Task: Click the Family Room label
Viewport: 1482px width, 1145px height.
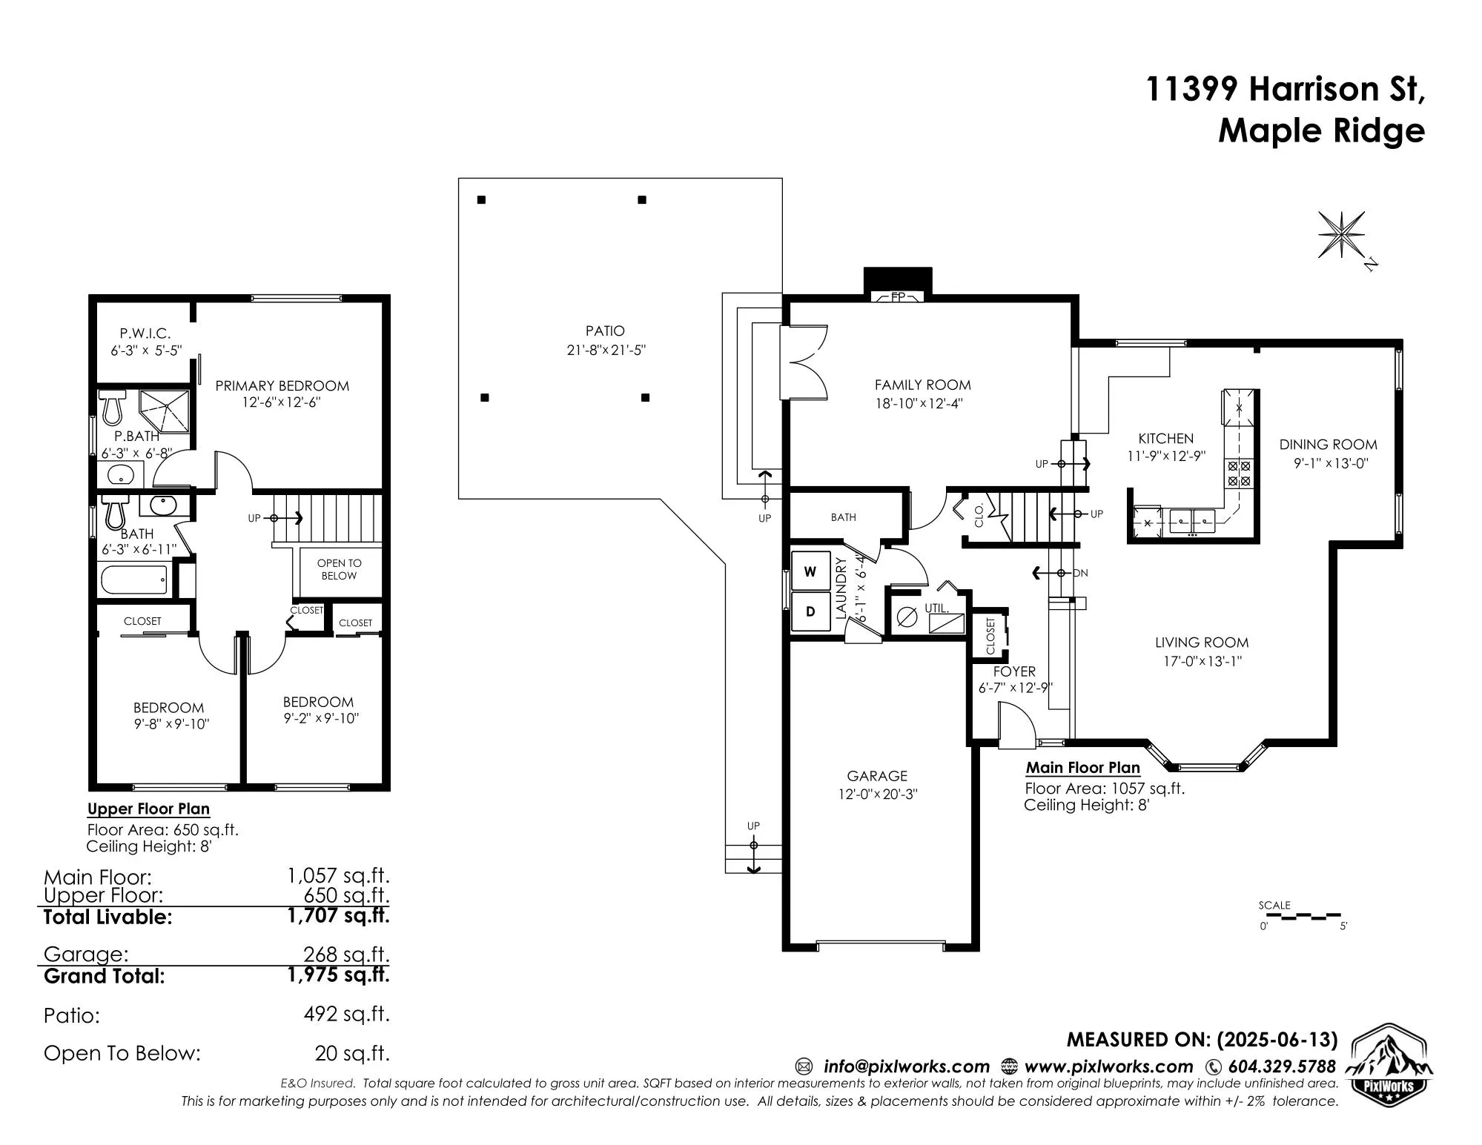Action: pyautogui.click(x=922, y=385)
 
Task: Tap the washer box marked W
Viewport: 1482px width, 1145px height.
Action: pyautogui.click(x=810, y=571)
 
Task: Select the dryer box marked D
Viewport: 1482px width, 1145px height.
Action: pyautogui.click(x=810, y=611)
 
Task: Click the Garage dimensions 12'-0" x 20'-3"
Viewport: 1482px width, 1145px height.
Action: pyautogui.click(x=877, y=794)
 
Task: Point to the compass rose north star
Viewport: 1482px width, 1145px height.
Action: pyautogui.click(x=1341, y=235)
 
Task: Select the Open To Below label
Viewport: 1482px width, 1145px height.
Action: pyautogui.click(x=339, y=569)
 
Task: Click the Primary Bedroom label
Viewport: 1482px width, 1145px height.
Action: pyautogui.click(x=282, y=385)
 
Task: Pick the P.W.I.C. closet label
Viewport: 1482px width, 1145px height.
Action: pyautogui.click(x=145, y=333)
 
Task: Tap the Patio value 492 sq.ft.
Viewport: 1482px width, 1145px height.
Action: pyautogui.click(x=346, y=1013)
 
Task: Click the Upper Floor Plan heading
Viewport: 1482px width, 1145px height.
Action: pyautogui.click(x=148, y=809)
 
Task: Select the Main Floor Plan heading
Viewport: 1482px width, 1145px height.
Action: pyautogui.click(x=1083, y=768)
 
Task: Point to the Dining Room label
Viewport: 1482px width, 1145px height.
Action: pyautogui.click(x=1328, y=445)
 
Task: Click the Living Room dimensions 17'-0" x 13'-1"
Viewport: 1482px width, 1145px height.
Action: pyautogui.click(x=1202, y=661)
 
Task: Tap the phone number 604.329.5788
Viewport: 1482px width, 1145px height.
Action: pyautogui.click(x=1282, y=1066)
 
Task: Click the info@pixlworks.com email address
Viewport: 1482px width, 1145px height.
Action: pyautogui.click(x=907, y=1066)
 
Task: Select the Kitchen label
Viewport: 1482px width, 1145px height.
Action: pyautogui.click(x=1166, y=438)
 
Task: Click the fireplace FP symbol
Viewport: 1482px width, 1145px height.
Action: pyautogui.click(x=898, y=297)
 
